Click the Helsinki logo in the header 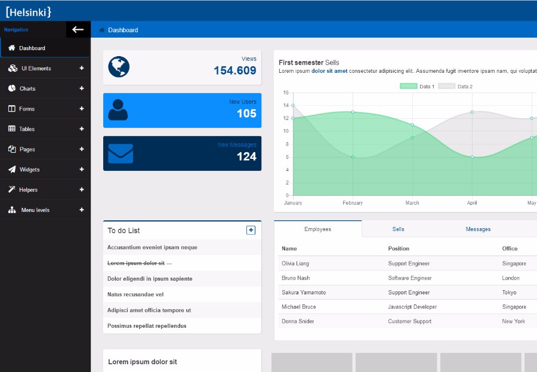28,11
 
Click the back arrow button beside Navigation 78,29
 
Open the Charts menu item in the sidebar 27,88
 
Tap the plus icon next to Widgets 82,170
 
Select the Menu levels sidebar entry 35,210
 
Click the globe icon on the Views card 119,67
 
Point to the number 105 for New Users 246,113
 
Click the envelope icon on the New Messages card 121,153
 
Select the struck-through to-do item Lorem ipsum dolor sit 136,263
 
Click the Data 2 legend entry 456,87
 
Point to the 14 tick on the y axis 286,105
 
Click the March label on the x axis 412,203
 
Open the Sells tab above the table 398,229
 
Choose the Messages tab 478,229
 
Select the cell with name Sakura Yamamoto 304,293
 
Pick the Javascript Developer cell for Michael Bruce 412,307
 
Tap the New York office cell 513,321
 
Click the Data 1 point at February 353,112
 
